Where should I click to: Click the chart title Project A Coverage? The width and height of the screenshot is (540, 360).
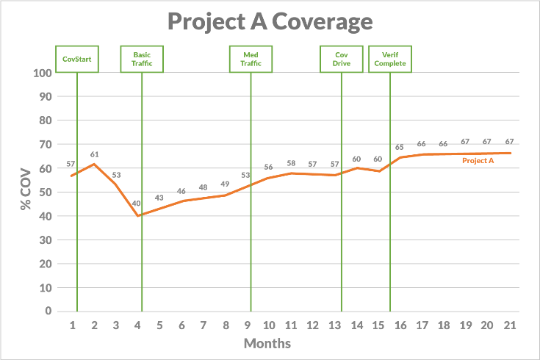(x=270, y=22)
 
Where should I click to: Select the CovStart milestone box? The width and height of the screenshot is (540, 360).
(x=77, y=59)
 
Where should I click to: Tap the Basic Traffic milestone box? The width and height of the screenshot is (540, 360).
(x=142, y=59)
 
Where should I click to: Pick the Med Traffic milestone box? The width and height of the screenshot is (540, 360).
(x=251, y=59)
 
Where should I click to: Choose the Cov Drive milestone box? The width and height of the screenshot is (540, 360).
(x=342, y=59)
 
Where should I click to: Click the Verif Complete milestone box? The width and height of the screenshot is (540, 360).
(x=390, y=59)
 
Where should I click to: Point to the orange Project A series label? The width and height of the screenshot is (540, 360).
(x=478, y=160)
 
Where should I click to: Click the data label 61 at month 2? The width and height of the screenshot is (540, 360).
(x=94, y=154)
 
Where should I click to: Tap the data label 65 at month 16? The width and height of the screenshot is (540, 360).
(x=400, y=147)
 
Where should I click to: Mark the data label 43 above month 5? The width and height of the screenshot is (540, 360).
(x=159, y=198)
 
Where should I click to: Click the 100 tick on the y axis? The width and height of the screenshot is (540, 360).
(x=43, y=73)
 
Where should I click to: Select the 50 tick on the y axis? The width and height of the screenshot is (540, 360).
(x=46, y=192)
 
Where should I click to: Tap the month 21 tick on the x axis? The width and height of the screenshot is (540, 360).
(x=508, y=325)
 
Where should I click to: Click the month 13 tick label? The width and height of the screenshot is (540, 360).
(x=334, y=325)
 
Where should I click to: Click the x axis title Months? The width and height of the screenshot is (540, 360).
(x=267, y=343)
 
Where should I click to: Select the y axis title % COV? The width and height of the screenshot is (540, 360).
(x=26, y=192)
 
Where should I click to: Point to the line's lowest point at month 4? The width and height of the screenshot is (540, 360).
(x=138, y=216)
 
